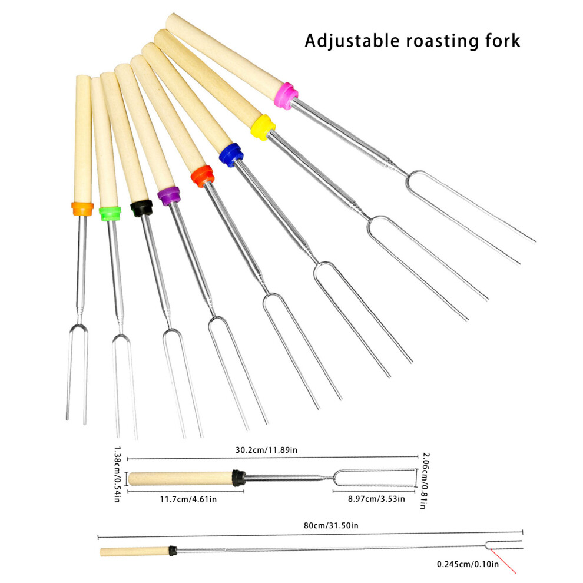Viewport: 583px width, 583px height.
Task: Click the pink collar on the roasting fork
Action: click(x=286, y=96)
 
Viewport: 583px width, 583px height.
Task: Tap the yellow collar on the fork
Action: click(x=263, y=128)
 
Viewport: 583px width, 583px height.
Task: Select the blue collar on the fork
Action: click(x=231, y=155)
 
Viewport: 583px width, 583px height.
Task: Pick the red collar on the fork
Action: click(x=202, y=176)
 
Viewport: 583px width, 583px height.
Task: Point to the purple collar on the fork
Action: click(x=169, y=196)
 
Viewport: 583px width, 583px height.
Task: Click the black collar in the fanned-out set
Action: click(x=142, y=208)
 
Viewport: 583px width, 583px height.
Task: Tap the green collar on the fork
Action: click(x=110, y=214)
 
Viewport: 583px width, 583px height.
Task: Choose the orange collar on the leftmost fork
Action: click(x=82, y=208)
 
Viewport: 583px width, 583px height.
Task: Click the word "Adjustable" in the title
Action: click(x=352, y=41)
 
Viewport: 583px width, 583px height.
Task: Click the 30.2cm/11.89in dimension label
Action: click(x=266, y=450)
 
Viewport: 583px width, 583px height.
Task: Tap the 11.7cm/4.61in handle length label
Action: click(x=188, y=499)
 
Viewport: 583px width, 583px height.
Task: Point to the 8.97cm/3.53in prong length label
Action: click(x=376, y=499)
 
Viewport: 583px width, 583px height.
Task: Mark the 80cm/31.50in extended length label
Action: click(x=331, y=525)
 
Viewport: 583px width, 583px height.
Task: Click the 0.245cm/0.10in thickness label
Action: click(x=468, y=564)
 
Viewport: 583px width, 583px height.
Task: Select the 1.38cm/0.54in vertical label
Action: click(x=117, y=475)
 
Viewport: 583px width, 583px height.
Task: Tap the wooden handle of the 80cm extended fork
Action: click(x=135, y=551)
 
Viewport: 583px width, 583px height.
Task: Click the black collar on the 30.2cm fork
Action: click(x=238, y=478)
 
